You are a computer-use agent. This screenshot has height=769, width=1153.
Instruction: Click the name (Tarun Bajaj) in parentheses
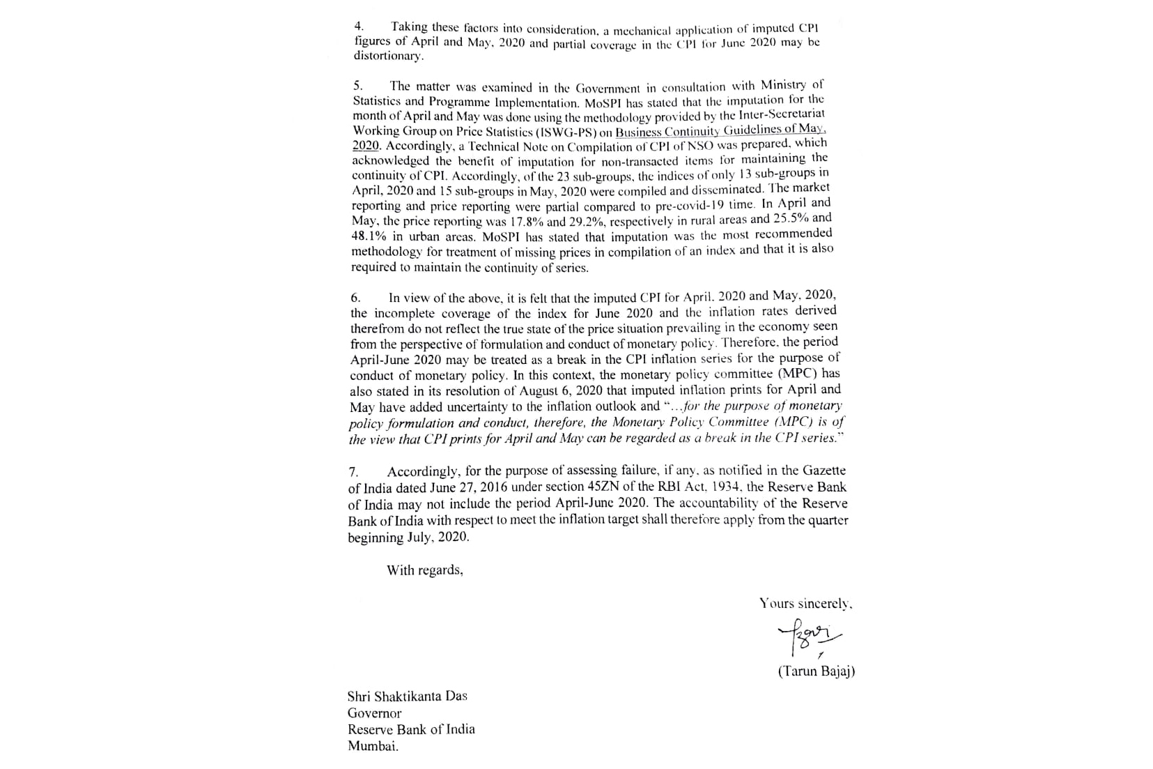[x=816, y=671]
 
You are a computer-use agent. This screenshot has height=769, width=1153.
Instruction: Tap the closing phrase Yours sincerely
[x=806, y=604]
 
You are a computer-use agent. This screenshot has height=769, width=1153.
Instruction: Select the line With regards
[x=425, y=570]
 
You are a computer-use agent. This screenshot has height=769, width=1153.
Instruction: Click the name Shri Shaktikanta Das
[x=408, y=696]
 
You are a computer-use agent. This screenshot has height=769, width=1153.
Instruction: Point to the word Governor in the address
[x=375, y=713]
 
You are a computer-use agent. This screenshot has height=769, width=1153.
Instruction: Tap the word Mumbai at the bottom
[x=373, y=746]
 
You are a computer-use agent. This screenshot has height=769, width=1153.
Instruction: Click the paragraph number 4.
[x=358, y=26]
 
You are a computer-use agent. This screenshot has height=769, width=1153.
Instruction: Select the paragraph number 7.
[x=353, y=472]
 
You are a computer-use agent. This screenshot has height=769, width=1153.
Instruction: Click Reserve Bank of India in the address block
[x=411, y=729]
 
